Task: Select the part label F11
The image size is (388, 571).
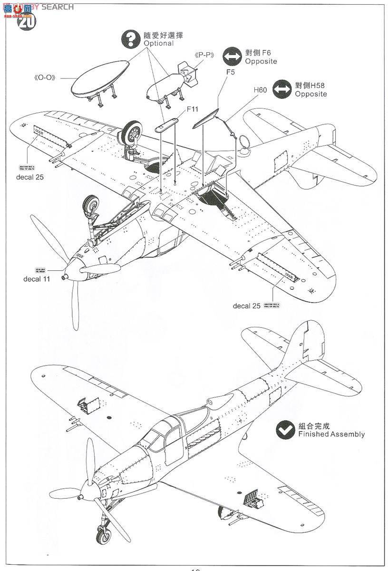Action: (x=192, y=109)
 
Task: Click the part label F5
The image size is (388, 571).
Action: (x=231, y=73)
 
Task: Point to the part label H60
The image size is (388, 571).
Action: (x=260, y=89)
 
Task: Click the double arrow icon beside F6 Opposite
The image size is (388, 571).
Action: (x=232, y=57)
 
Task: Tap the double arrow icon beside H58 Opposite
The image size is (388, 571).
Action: (x=281, y=89)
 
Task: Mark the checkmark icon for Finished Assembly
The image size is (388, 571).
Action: (x=284, y=429)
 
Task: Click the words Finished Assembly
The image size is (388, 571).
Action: (x=331, y=434)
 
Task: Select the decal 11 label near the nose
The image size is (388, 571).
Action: (x=36, y=279)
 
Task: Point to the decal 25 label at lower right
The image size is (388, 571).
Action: (x=246, y=306)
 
